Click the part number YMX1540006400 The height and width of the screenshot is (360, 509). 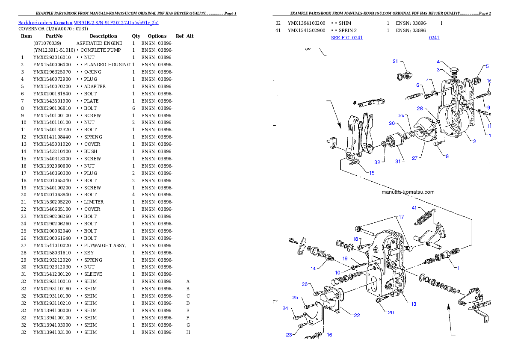(x=52, y=65)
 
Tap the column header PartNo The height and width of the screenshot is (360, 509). (x=54, y=36)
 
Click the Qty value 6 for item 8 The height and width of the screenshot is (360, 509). (x=133, y=108)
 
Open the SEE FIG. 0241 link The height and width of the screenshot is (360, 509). (x=347, y=38)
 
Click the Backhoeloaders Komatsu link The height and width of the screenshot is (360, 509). (x=45, y=23)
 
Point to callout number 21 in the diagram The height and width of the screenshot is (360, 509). (x=395, y=61)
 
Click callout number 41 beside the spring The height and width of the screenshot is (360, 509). (x=414, y=208)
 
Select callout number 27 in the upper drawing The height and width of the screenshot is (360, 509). (x=414, y=158)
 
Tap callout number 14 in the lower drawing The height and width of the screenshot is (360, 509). (x=313, y=269)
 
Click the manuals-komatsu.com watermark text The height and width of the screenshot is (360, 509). (x=408, y=192)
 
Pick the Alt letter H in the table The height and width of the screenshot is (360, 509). (x=188, y=332)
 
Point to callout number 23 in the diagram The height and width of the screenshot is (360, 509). (x=289, y=335)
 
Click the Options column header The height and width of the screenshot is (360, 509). (x=157, y=36)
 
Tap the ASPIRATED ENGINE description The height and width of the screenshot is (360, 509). (x=99, y=43)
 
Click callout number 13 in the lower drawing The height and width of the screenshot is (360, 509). (x=413, y=304)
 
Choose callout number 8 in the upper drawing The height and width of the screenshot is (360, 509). (x=447, y=156)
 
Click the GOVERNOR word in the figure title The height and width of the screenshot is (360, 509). (x=29, y=29)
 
